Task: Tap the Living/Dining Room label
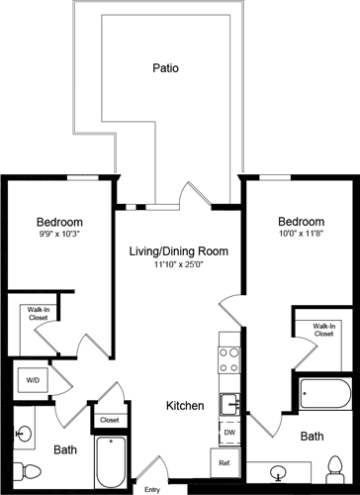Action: tap(178, 251)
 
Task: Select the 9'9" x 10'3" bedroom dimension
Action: tap(59, 236)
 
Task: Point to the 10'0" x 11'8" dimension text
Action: tap(300, 235)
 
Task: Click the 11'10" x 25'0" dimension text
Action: tap(178, 266)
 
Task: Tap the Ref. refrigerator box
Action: tap(224, 462)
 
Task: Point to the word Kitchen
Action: tap(184, 406)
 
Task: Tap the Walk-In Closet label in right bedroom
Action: tap(322, 330)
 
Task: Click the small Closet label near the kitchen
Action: tap(108, 420)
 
